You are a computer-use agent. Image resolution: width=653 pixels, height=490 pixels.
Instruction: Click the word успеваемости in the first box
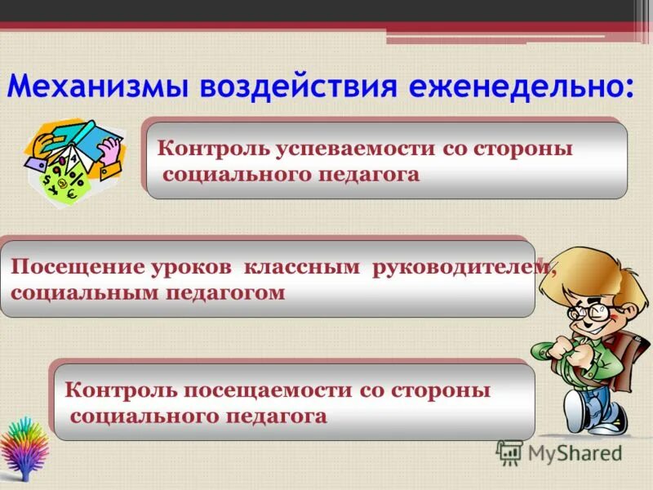point(344,149)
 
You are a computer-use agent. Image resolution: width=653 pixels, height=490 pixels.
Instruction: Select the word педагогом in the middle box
point(226,293)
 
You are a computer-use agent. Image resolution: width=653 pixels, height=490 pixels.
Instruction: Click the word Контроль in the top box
point(207,149)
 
